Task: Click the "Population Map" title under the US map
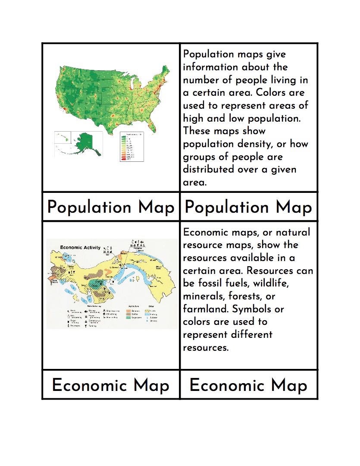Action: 110,208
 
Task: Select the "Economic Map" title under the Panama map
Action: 110,385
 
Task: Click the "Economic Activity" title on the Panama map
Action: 80,248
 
